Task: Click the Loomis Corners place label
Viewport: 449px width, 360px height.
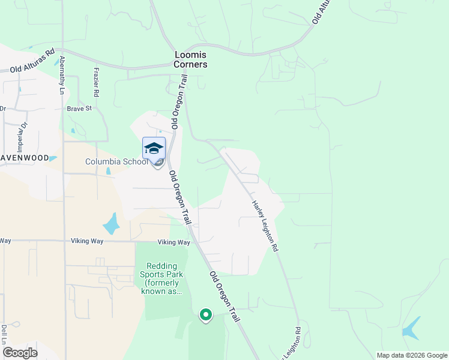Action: [x=190, y=59]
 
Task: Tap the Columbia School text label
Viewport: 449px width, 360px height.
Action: [x=116, y=161]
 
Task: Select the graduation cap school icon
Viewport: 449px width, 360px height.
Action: [x=154, y=148]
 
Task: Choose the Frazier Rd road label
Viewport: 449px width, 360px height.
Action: [x=95, y=82]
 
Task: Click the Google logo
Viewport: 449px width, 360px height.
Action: [x=20, y=352]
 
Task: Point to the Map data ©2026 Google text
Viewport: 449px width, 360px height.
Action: [x=411, y=355]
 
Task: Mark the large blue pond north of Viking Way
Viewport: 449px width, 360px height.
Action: [x=111, y=224]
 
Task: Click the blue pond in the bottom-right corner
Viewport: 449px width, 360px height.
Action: [x=411, y=328]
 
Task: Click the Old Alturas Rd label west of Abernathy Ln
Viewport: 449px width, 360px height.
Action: [x=32, y=61]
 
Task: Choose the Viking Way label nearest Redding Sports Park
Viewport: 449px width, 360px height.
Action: [x=173, y=242]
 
